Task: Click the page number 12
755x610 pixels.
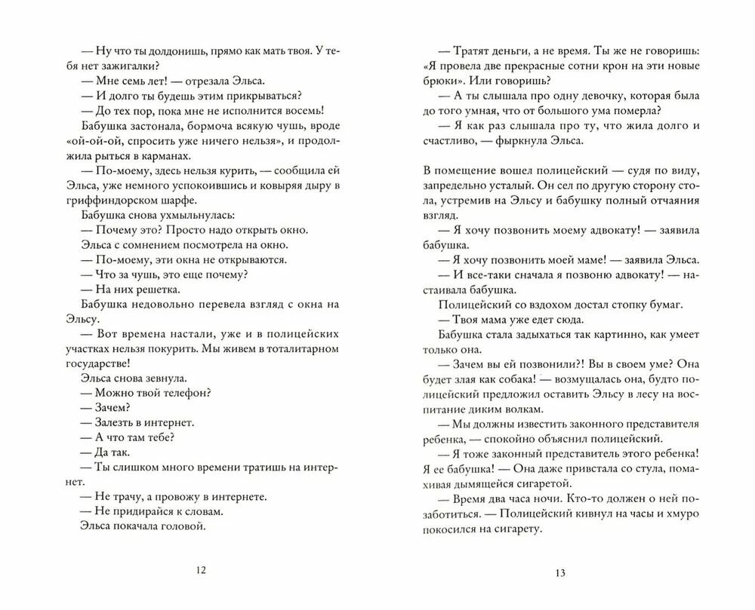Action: click(200, 570)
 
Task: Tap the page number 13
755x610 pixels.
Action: click(559, 572)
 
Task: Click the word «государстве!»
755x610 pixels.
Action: click(111, 362)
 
